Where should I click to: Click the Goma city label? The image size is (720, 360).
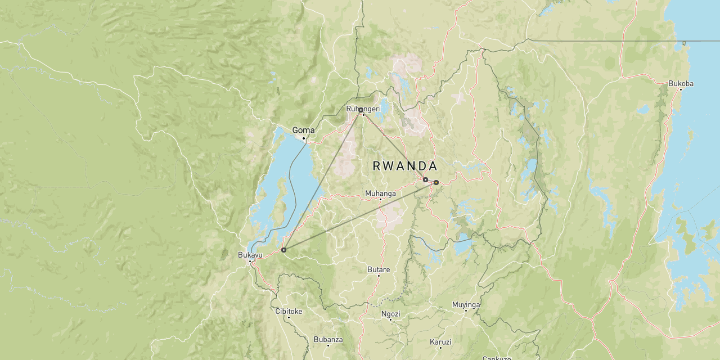pyautogui.click(x=303, y=130)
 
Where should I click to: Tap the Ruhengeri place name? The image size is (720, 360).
pyautogui.click(x=363, y=108)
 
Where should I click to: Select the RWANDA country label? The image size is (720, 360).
pyautogui.click(x=405, y=166)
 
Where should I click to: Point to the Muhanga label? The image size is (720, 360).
pyautogui.click(x=380, y=193)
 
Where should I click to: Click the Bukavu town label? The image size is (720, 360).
pyautogui.click(x=250, y=255)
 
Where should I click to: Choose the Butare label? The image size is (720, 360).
pyautogui.click(x=379, y=269)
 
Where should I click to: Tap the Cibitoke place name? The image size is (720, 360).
pyautogui.click(x=289, y=311)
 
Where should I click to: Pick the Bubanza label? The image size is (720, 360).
pyautogui.click(x=328, y=339)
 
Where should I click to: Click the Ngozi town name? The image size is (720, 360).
pyautogui.click(x=390, y=314)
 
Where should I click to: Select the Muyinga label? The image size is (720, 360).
pyautogui.click(x=466, y=305)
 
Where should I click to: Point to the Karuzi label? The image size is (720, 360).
pyautogui.click(x=440, y=341)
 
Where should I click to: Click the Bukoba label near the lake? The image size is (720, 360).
pyautogui.click(x=681, y=84)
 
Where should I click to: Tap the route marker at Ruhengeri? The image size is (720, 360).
pyautogui.click(x=361, y=110)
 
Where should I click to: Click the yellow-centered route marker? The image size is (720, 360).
pyautogui.click(x=436, y=182)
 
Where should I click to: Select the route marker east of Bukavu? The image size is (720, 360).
pyautogui.click(x=283, y=250)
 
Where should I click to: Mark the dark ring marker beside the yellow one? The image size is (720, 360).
pyautogui.click(x=425, y=180)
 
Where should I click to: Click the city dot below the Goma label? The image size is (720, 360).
pyautogui.click(x=304, y=138)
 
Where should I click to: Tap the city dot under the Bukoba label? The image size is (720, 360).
pyautogui.click(x=681, y=90)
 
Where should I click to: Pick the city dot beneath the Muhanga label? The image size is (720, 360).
pyautogui.click(x=380, y=200)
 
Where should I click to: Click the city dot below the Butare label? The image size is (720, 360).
pyautogui.click(x=379, y=276)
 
